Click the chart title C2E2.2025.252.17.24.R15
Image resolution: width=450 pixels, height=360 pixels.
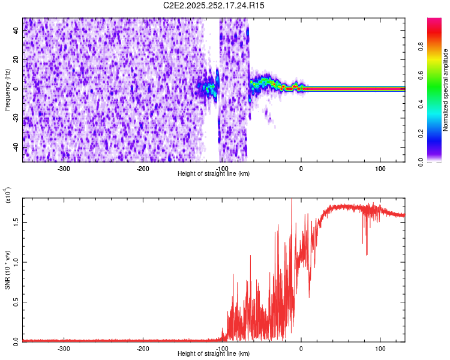[214, 5]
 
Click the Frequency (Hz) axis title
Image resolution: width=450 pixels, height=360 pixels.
[7, 89]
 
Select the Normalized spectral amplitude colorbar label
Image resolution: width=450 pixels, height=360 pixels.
[446, 90]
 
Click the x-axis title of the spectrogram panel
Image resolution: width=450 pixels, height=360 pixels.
[214, 173]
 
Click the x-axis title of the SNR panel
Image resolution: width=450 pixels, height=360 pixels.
[214, 353]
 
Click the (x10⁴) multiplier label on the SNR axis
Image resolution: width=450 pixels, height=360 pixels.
[8, 195]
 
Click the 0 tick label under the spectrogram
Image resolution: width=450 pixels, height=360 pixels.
[301, 168]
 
